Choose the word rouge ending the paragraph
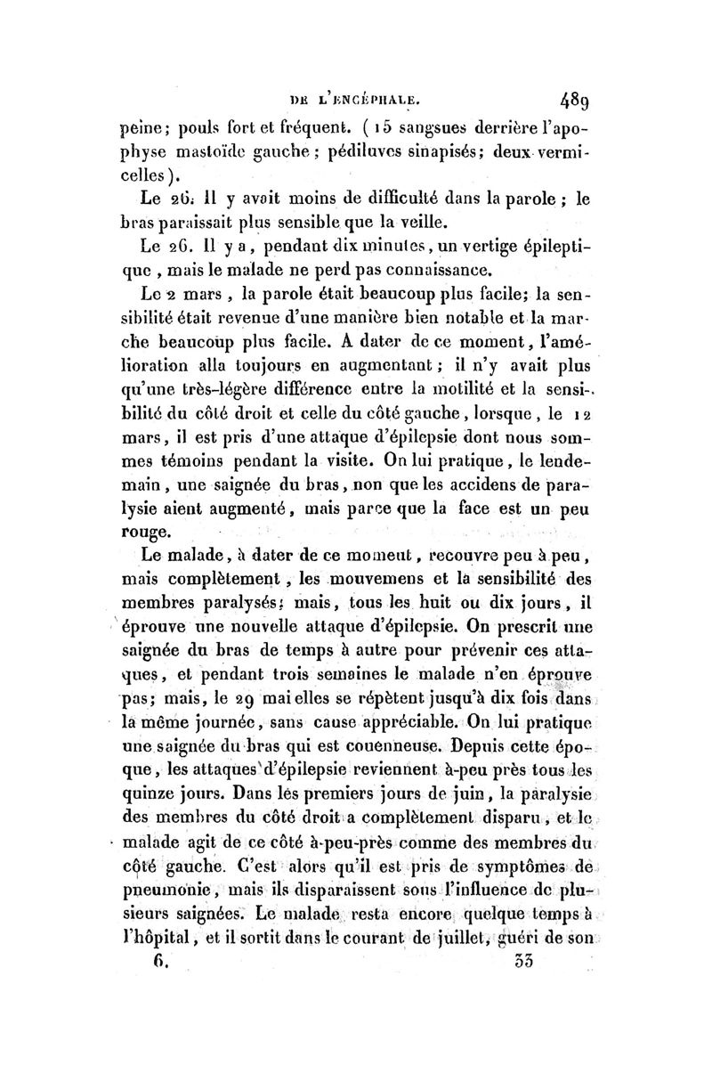pyautogui.click(x=141, y=533)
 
